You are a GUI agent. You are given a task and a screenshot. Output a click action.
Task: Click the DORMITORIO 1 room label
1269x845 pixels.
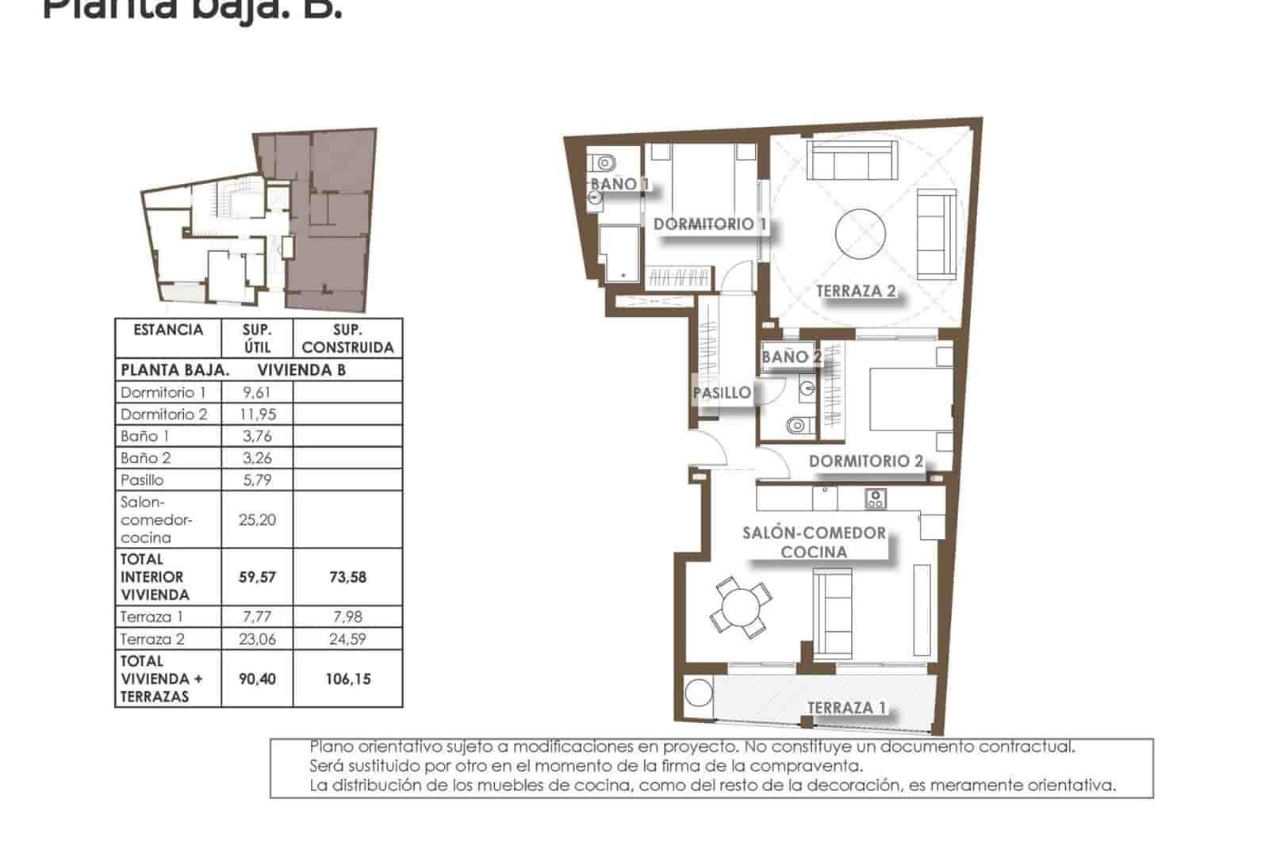coord(709,224)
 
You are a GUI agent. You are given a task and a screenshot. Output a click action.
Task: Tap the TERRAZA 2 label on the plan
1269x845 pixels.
coord(855,291)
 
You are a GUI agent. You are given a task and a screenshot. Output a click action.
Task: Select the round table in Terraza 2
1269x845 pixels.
coord(861,233)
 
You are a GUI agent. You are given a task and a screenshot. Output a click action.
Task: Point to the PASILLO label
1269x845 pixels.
coord(721,392)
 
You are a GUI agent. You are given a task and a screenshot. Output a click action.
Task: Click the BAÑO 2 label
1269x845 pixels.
coord(790,357)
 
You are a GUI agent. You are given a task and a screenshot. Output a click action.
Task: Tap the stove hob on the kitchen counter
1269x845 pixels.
coord(876,499)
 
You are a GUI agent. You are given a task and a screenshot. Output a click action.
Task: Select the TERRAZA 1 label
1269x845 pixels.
coord(846,708)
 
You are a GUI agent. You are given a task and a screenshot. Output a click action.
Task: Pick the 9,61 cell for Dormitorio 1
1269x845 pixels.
coord(256,392)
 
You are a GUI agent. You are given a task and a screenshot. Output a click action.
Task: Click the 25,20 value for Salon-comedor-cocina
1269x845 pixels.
coord(256,520)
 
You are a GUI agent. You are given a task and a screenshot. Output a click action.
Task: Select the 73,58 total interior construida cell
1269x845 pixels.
coord(347,577)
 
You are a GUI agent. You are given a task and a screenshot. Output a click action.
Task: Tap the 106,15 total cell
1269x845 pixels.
coord(347,679)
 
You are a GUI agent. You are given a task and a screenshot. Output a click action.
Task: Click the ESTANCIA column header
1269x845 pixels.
coord(168,330)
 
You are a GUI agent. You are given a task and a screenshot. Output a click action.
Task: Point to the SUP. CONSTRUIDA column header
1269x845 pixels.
coord(347,338)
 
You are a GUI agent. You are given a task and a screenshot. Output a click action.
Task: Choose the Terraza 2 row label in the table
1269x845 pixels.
coord(152,639)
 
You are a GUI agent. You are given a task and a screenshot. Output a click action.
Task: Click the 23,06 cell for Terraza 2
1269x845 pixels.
coord(256,639)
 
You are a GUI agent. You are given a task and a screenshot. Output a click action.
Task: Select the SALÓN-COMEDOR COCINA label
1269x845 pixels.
coord(814,542)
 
